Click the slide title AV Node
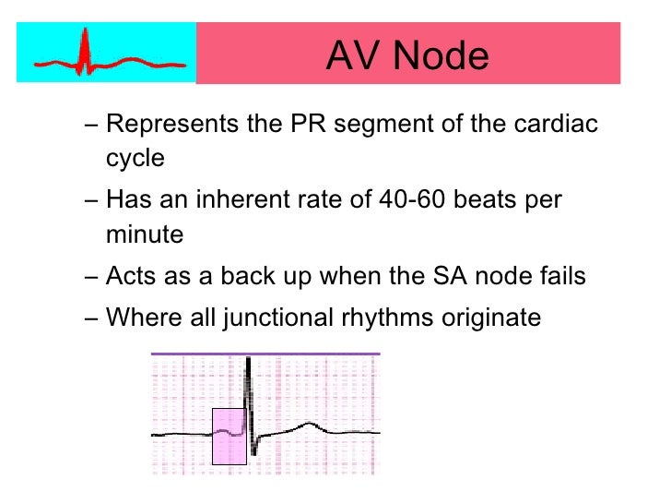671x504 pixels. (x=406, y=57)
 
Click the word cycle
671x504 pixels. (x=135, y=158)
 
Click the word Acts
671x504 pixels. (x=135, y=276)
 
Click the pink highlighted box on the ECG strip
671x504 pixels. (x=229, y=436)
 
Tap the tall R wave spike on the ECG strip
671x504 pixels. (x=248, y=388)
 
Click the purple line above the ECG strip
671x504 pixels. (x=265, y=354)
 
